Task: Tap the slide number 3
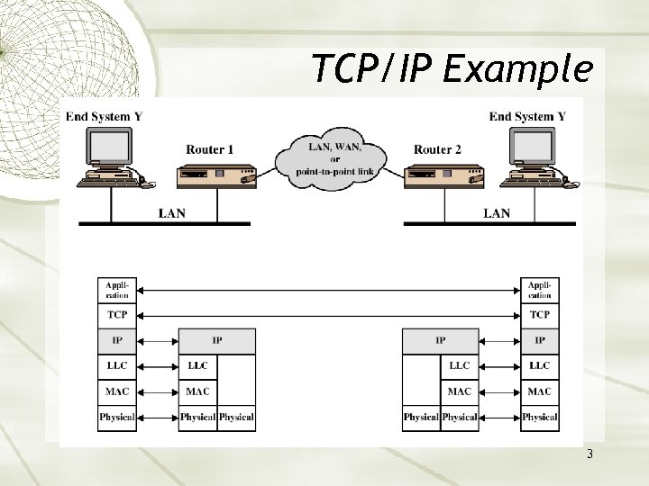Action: [x=590, y=454]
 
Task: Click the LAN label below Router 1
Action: [x=173, y=213]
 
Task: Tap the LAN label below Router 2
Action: [x=497, y=213]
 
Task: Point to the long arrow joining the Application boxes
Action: [x=328, y=290]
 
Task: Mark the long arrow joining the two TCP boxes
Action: [x=328, y=315]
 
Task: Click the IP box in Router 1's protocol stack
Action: [x=216, y=340]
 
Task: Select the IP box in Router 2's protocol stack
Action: [x=440, y=340]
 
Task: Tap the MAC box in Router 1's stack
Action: [x=197, y=391]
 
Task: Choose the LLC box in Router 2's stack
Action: [x=459, y=366]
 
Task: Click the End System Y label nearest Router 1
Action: [x=104, y=116]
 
